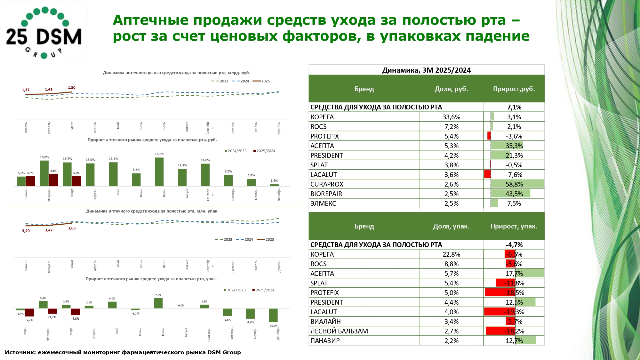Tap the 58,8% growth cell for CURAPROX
[x=514, y=184]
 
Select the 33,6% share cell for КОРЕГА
[x=451, y=117]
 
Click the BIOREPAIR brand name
[x=326, y=194]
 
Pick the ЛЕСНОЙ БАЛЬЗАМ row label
[x=339, y=331]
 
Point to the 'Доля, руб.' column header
[x=451, y=89]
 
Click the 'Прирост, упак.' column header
[x=514, y=226]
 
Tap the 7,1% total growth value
[x=514, y=107]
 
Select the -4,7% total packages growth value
[x=514, y=245]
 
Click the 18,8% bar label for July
[x=159, y=154]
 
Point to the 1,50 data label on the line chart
[x=72, y=88]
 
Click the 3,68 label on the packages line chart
[x=72, y=228]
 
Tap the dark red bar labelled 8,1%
[x=53, y=180]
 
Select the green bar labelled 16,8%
[x=44, y=173]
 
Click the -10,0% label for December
[x=273, y=326]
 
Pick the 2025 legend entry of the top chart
[x=262, y=81]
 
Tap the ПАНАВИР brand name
[x=325, y=341]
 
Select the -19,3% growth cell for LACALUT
[x=514, y=312]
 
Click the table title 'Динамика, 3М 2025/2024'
[x=426, y=70]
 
